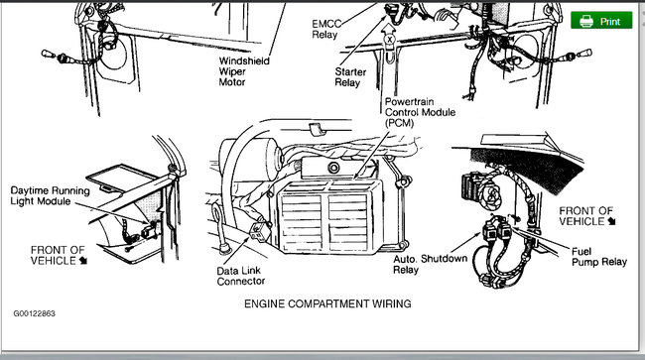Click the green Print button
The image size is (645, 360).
(x=601, y=20)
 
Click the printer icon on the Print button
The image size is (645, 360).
(x=586, y=20)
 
